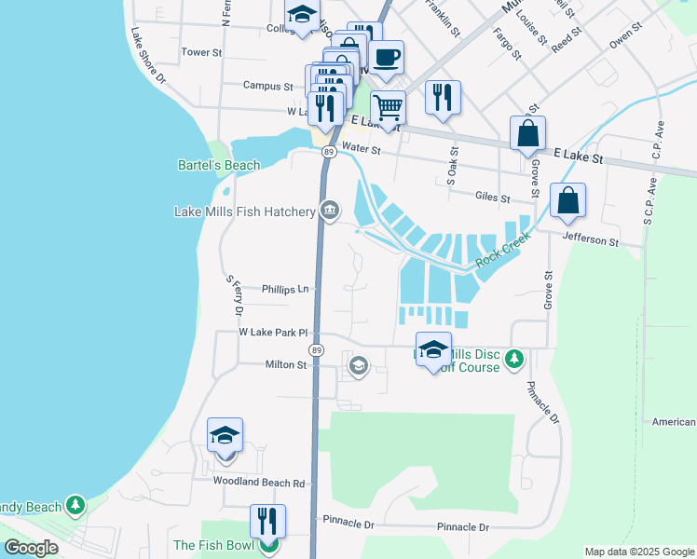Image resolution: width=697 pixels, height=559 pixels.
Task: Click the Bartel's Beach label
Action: coord(219,166)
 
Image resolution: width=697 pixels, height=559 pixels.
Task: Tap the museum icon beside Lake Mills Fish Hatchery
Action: coord(329,211)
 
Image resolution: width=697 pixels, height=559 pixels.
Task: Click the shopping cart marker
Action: coord(388,105)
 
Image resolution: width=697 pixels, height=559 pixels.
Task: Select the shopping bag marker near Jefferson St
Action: coord(567,200)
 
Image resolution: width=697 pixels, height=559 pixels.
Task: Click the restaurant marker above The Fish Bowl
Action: coord(267,520)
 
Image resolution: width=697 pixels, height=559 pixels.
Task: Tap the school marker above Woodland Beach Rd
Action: coord(225,435)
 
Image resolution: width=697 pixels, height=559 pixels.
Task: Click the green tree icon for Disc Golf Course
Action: coord(512,359)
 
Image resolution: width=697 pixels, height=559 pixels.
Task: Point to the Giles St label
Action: coord(492,198)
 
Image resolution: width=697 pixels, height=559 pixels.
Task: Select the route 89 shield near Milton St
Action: coord(318,349)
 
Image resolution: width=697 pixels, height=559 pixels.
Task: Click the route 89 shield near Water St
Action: coord(329,151)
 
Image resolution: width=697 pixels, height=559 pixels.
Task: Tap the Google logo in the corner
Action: coord(31,547)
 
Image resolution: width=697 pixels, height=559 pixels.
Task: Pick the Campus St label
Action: coord(267,86)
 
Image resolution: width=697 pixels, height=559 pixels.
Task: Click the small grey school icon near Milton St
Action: coord(357,365)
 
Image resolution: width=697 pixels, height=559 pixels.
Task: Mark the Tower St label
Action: coord(201,53)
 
